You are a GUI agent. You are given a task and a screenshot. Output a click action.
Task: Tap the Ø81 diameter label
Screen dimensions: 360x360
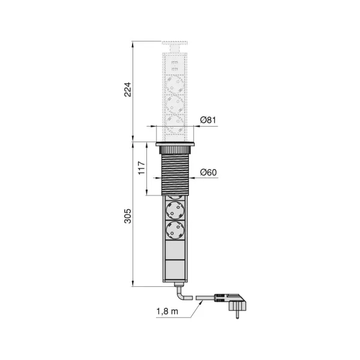pyautogui.click(x=208, y=120)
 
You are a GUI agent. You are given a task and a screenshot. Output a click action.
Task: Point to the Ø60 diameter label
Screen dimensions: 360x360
pyautogui.click(x=208, y=172)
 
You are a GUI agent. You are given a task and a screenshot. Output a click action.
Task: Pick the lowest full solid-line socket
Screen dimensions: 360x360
pyautogui.click(x=175, y=230)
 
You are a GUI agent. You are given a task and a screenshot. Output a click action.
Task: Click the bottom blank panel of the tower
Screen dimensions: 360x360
pyautogui.click(x=175, y=268)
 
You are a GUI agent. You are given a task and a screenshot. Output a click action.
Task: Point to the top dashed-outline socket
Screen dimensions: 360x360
pyautogui.click(x=175, y=83)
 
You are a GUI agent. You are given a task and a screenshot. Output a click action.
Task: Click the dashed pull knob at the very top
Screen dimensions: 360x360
pyautogui.click(x=175, y=46)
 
